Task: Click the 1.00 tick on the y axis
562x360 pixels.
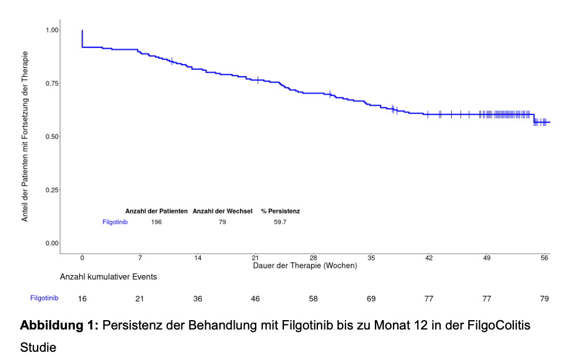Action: tap(52, 30)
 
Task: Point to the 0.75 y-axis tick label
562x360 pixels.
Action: tap(52, 83)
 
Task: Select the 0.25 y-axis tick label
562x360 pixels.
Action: tap(52, 190)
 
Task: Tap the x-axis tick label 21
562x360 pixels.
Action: tap(255, 258)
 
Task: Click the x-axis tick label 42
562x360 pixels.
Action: tap(429, 258)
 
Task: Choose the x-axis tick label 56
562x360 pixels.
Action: tap(544, 258)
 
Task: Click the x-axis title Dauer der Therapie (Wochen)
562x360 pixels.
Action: tap(304, 266)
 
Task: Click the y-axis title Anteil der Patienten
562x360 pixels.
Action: tap(25, 136)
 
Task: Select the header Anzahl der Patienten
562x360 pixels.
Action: tap(157, 211)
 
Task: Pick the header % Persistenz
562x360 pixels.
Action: tap(280, 211)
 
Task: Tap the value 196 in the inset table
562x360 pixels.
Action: tap(157, 222)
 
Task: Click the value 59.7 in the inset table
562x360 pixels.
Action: tap(280, 222)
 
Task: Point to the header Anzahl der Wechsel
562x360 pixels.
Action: tap(222, 211)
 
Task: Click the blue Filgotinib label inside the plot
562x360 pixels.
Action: tap(115, 222)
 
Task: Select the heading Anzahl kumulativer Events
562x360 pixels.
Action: tap(109, 276)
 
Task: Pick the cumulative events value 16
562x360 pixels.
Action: tap(82, 298)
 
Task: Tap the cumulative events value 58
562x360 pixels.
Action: tap(313, 298)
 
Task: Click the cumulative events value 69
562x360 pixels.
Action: tap(371, 298)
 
